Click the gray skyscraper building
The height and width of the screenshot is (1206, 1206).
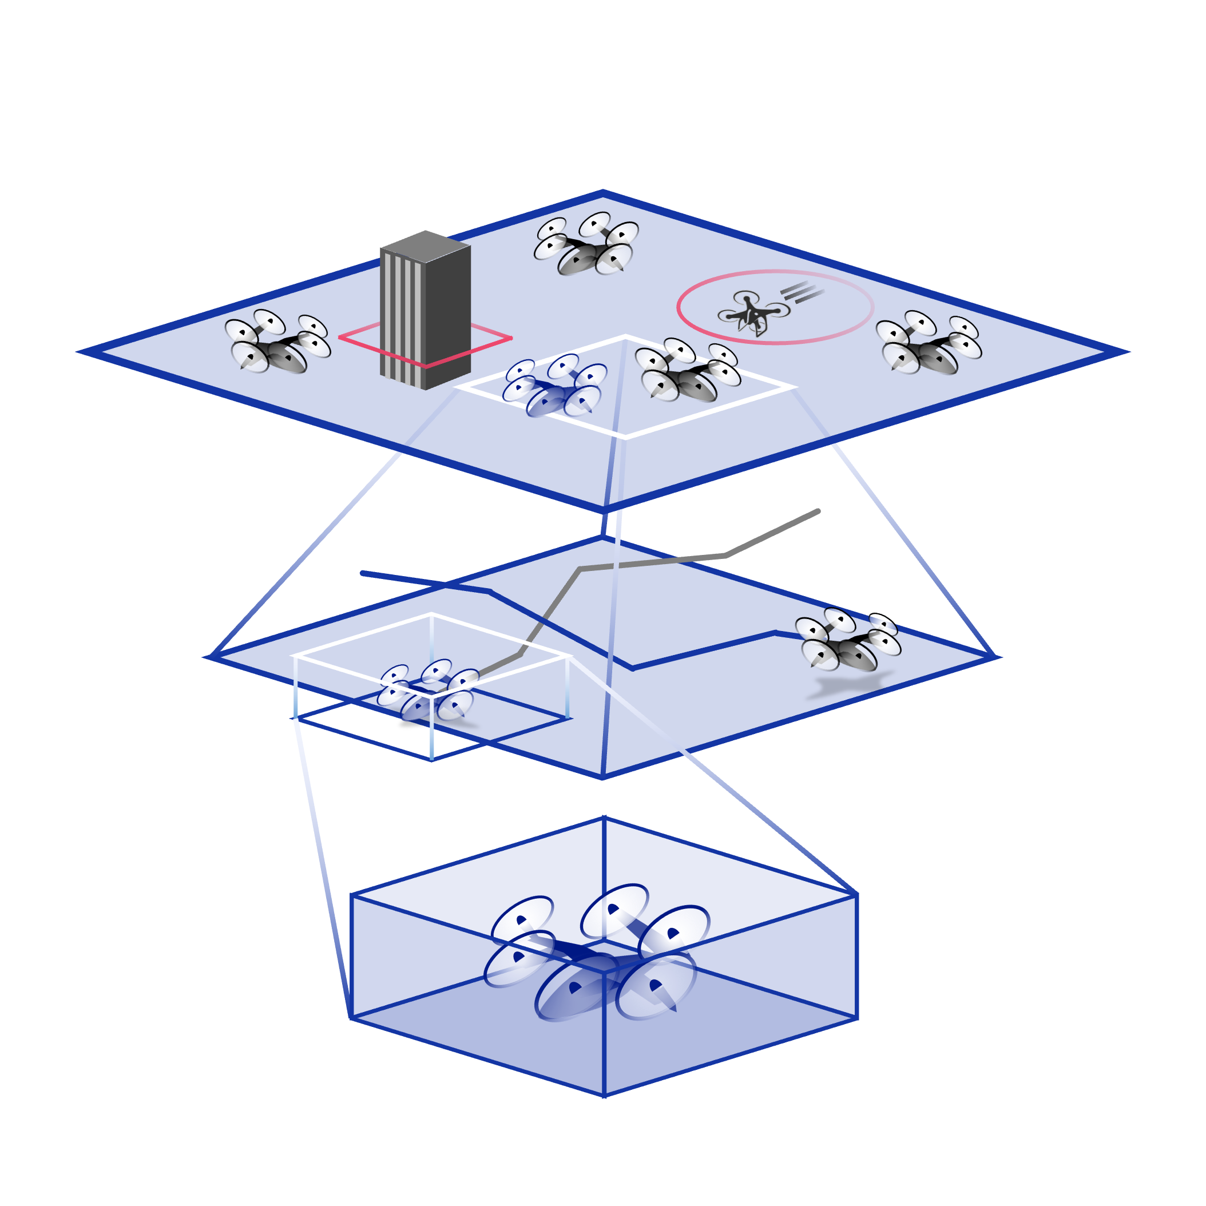click(x=426, y=312)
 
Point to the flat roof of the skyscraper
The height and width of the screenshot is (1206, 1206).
click(x=426, y=244)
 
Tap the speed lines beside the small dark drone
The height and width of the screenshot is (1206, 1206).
click(x=802, y=291)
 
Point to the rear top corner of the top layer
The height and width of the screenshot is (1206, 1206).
click(x=603, y=193)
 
